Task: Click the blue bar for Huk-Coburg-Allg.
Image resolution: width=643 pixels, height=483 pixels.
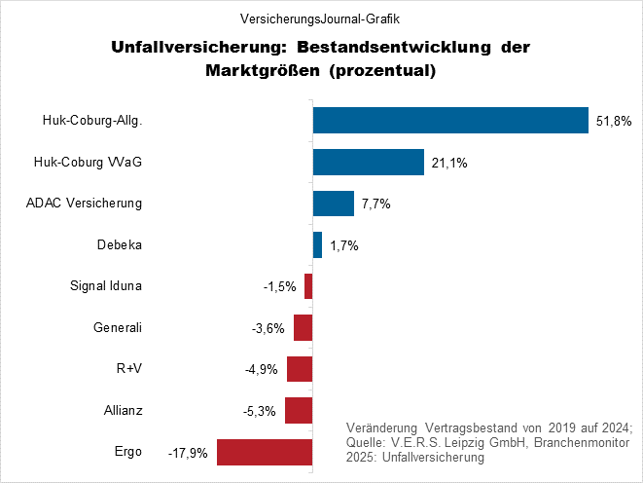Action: [x=450, y=120]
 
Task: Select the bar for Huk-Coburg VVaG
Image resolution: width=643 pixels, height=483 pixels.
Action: [x=368, y=162]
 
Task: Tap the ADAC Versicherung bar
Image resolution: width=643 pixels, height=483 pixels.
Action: [x=333, y=204]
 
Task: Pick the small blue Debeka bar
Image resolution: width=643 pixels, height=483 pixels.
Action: [x=317, y=245]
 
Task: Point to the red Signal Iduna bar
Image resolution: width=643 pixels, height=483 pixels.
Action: [x=308, y=286]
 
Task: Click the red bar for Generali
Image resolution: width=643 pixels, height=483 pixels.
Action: [x=303, y=328]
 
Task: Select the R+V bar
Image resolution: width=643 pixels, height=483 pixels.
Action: [x=300, y=369]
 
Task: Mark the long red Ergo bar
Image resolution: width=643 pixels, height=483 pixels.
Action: [x=265, y=453]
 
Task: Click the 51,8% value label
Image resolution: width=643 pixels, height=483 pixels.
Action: [x=614, y=121]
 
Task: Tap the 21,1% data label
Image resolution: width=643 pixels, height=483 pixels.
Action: [x=449, y=163]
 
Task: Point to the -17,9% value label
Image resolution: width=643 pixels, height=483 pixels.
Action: [x=189, y=454]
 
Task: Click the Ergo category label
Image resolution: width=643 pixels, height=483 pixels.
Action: [x=127, y=452]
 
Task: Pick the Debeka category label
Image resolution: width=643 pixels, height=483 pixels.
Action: [x=121, y=244]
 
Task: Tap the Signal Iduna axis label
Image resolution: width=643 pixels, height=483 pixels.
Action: [x=107, y=286]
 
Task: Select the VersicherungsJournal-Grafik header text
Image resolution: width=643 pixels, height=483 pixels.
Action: [x=320, y=18]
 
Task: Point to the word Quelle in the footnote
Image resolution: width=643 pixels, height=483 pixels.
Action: [x=367, y=443]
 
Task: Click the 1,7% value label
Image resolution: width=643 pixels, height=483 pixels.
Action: [x=344, y=246]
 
